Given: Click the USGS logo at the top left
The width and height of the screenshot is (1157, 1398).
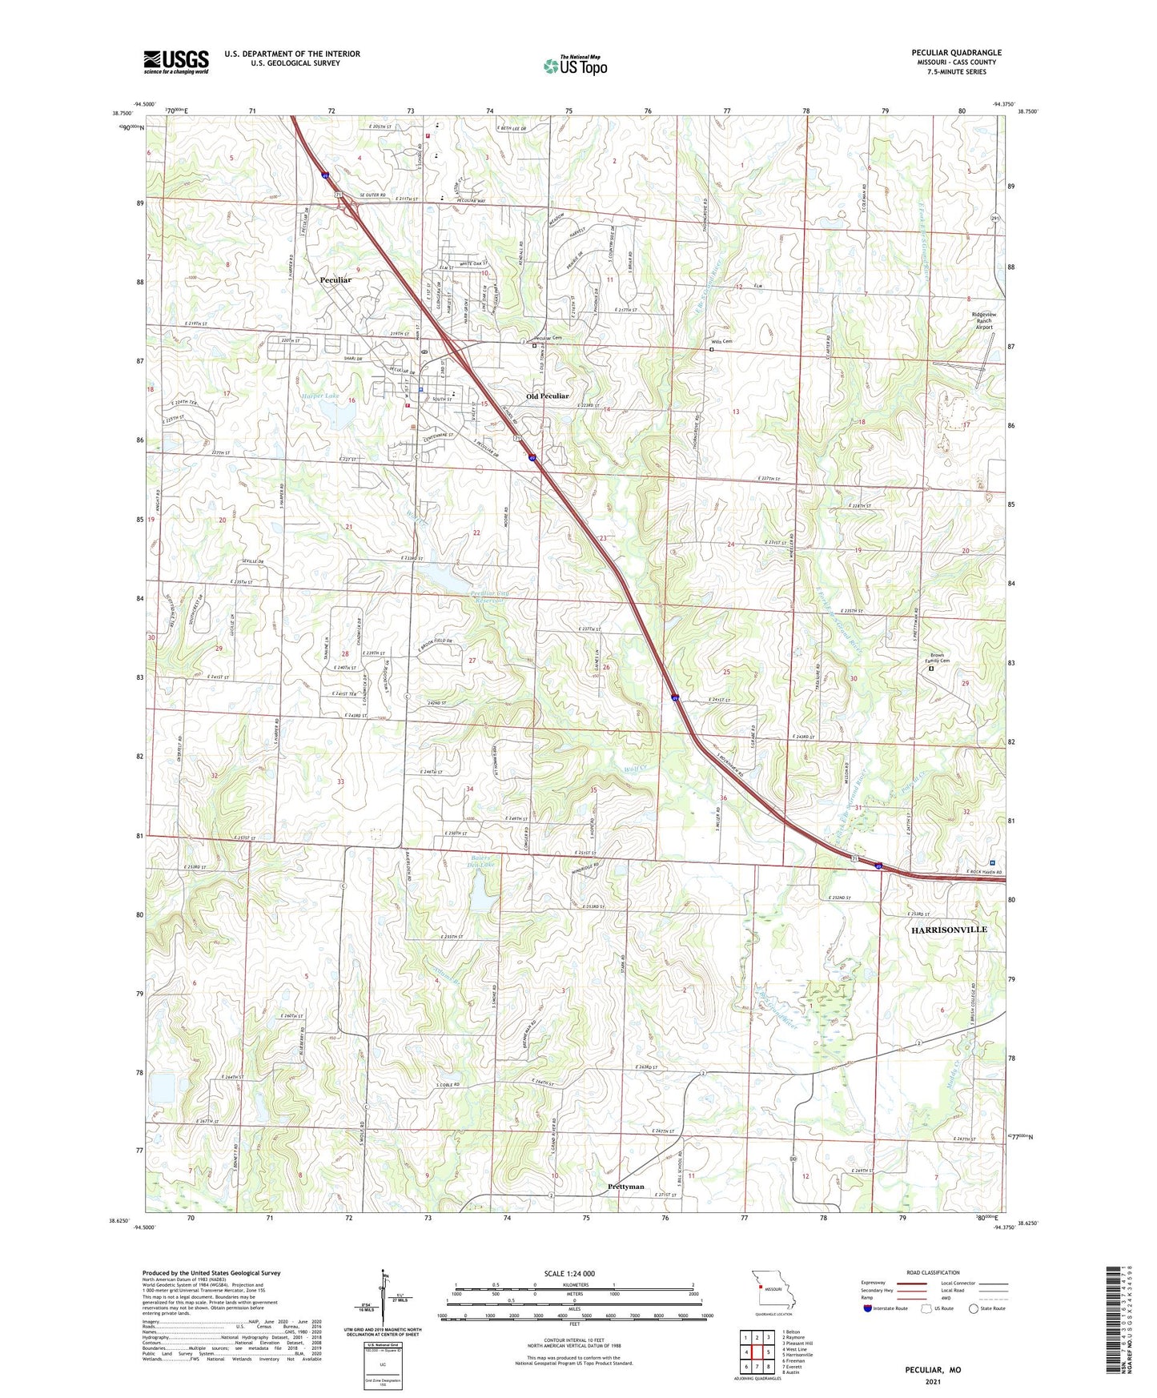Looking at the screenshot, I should tap(176, 62).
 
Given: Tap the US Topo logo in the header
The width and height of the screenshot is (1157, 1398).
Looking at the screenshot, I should tap(575, 66).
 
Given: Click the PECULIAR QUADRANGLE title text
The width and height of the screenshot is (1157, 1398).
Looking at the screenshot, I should tap(956, 53).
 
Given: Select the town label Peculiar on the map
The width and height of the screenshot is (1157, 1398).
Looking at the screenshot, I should tap(335, 280).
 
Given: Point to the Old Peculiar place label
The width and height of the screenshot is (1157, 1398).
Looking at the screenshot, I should tap(548, 396).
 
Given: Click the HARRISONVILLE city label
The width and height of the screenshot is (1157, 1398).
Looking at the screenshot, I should tap(949, 930).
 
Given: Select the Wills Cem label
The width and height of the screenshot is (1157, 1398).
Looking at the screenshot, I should tap(721, 341).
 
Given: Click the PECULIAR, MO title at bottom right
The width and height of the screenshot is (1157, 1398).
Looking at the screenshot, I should tap(933, 1370).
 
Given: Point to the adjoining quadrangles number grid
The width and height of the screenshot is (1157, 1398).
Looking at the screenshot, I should tap(757, 1349).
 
